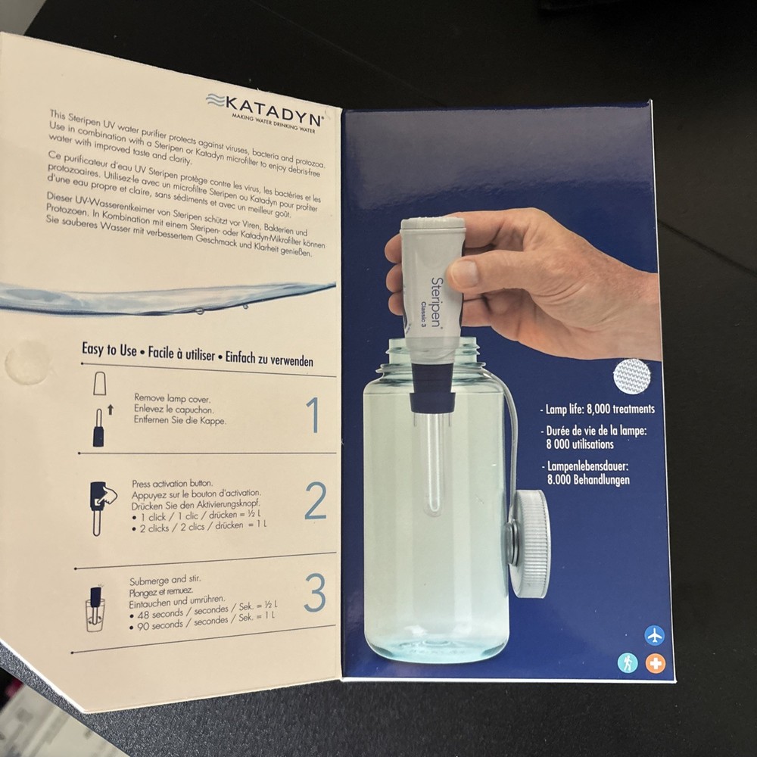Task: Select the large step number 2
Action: (x=316, y=500)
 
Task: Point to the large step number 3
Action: (x=315, y=592)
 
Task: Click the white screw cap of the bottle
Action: (x=528, y=542)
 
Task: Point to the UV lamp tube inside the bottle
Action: (x=431, y=462)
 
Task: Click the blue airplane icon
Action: (x=654, y=635)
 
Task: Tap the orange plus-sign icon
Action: (x=655, y=663)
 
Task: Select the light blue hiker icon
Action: (x=627, y=663)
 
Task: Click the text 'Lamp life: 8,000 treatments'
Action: (x=599, y=409)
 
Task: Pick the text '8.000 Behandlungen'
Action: (x=588, y=480)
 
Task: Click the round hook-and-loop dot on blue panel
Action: (x=631, y=375)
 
